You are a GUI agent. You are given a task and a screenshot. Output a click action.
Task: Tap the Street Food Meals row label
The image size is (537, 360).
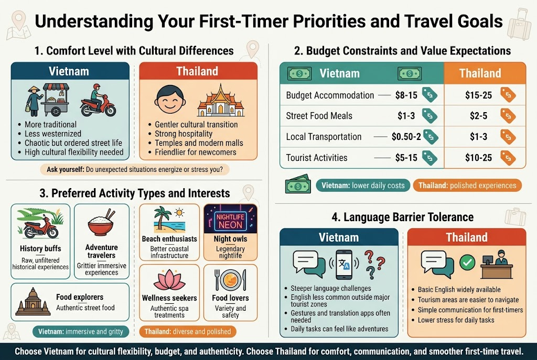click(x=319, y=116)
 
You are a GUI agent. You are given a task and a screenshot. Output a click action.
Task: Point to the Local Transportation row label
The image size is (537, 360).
click(x=324, y=137)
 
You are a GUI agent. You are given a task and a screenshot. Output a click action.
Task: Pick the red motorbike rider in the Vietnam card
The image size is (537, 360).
click(x=98, y=101)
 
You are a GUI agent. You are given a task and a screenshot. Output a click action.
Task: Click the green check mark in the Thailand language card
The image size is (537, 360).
click(x=466, y=261)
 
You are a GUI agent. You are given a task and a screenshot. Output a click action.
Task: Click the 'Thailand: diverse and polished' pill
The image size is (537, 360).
click(x=187, y=331)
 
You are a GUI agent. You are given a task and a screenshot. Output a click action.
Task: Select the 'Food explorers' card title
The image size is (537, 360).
click(x=80, y=298)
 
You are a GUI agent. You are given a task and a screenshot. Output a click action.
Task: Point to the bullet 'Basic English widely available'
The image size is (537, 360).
click(x=459, y=289)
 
